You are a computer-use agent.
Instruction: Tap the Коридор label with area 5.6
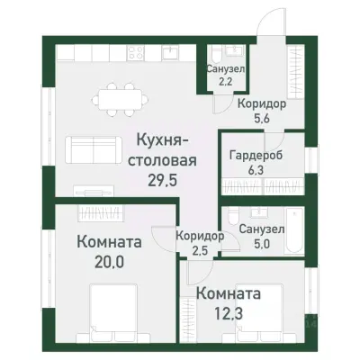pyautogui.click(x=261, y=104)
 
